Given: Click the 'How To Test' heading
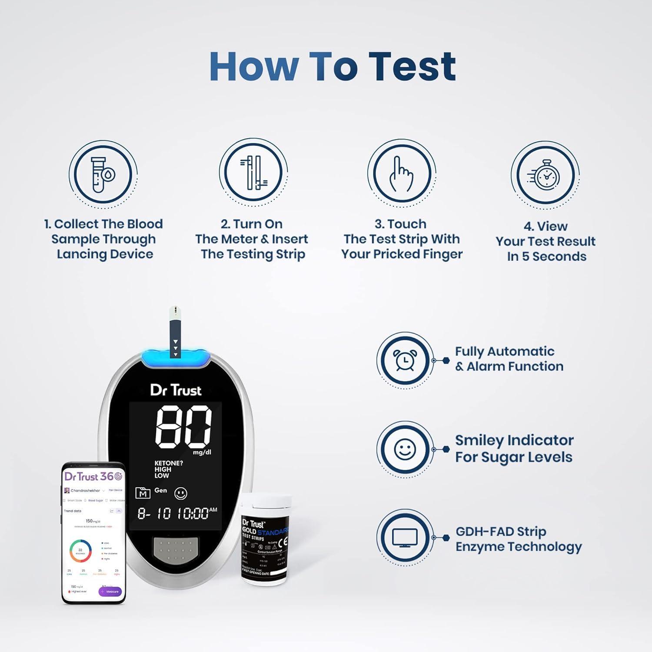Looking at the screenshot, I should (x=333, y=67).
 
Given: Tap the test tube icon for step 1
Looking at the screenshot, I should (x=103, y=174).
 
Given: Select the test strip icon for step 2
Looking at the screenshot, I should (x=253, y=173).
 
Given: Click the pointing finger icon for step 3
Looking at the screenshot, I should (x=402, y=174).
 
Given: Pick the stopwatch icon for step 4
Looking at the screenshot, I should (x=545, y=175).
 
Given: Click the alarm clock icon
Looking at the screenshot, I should (x=405, y=360).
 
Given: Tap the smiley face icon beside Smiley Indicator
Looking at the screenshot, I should (x=405, y=449).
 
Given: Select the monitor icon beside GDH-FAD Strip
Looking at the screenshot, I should (x=405, y=538).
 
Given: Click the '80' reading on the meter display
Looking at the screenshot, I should (x=183, y=427).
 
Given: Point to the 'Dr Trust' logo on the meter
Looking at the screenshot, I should (x=176, y=390).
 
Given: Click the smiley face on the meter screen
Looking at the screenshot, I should (x=181, y=493).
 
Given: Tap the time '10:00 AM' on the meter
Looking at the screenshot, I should (x=197, y=513).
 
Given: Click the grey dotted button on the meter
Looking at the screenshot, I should (x=176, y=551).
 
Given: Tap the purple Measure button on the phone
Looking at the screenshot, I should (x=110, y=592).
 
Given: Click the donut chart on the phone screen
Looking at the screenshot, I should (x=80, y=551).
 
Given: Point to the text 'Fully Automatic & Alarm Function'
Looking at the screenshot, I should (x=509, y=359).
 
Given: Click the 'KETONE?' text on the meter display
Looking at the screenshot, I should (x=169, y=463).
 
